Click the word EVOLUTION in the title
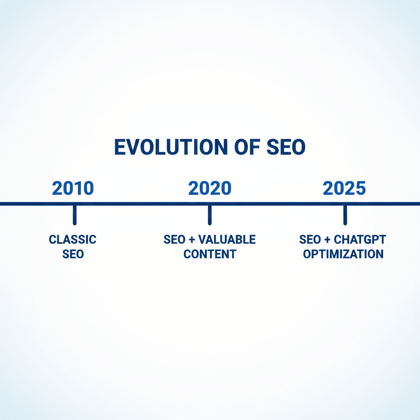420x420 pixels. tap(171, 147)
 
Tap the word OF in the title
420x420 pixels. tap(247, 147)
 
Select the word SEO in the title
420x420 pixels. tap(286, 147)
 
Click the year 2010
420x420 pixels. tap(73, 188)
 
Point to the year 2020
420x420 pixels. tap(210, 188)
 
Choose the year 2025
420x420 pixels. tap(345, 188)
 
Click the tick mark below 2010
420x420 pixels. tap(75, 215)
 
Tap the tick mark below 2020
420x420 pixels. tap(210, 215)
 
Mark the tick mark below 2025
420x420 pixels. tap(345, 215)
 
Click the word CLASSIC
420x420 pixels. tap(73, 240)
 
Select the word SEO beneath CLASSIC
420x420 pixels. tap(73, 254)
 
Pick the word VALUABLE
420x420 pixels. tap(227, 240)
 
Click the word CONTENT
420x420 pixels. tap(210, 254)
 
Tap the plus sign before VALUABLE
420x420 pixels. tap(192, 240)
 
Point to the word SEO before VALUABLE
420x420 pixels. tap(174, 240)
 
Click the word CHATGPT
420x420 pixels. tap(360, 240)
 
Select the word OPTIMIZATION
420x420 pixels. tap(343, 254)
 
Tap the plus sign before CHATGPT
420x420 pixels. tap(327, 240)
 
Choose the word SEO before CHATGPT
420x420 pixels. tap(310, 240)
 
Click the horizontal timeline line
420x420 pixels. tap(210, 204)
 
